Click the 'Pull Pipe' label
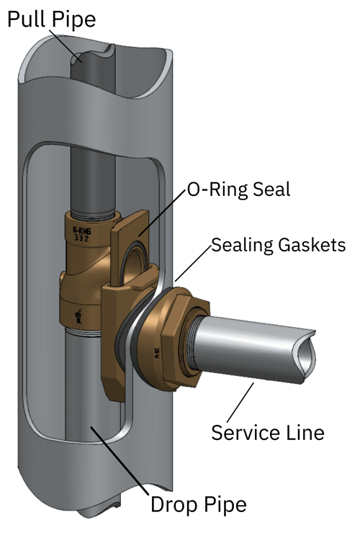click(x=51, y=19)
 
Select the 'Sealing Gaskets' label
click(x=278, y=245)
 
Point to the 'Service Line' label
click(x=267, y=432)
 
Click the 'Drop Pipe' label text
click(x=198, y=504)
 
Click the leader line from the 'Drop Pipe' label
click(x=120, y=461)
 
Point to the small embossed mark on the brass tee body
click(x=78, y=315)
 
